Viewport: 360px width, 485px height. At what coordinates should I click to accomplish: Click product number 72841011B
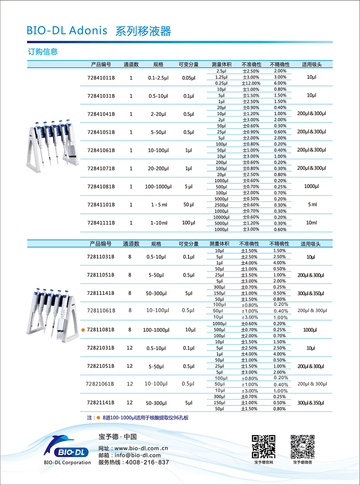(101, 77)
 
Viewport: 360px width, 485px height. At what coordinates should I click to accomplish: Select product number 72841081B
(101, 186)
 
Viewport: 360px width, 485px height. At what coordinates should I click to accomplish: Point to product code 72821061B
(100, 384)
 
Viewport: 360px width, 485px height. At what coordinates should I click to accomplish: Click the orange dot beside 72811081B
(83, 330)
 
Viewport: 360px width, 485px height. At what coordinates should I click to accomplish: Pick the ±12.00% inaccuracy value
(251, 83)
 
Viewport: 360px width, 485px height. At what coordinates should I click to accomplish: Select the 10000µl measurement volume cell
(221, 217)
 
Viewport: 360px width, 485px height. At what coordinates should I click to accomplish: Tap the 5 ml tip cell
(312, 204)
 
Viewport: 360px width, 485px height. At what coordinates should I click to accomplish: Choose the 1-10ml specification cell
(158, 223)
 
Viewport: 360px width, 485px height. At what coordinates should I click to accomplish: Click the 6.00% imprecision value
(280, 83)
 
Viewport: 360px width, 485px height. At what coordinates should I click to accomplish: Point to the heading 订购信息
(43, 52)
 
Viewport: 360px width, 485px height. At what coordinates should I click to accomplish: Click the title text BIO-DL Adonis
(67, 31)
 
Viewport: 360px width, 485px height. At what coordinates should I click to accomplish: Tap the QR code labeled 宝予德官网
(263, 446)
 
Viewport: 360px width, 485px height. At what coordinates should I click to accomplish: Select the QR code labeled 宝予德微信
(302, 446)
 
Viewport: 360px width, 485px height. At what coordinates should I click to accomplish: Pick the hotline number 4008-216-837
(147, 462)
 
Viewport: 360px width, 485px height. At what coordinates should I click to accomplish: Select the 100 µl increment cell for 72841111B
(188, 222)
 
